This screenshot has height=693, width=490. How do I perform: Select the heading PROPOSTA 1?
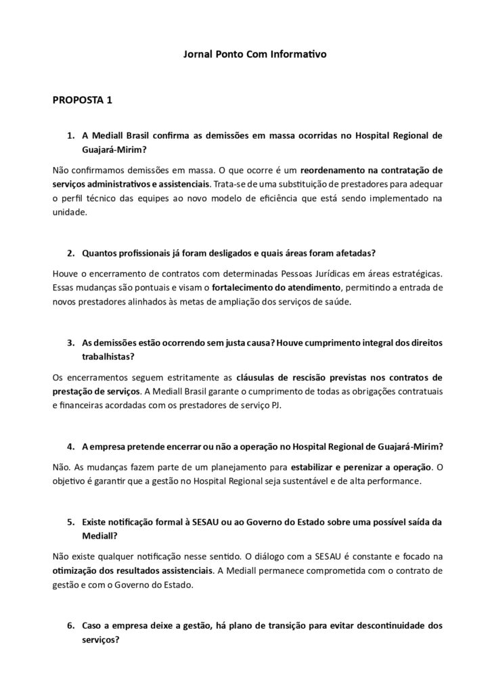82,101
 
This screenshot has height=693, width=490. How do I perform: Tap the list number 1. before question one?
70,135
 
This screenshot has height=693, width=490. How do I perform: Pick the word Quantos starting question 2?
99,253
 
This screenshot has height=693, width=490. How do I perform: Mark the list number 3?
70,343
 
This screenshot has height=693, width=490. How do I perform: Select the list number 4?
70,447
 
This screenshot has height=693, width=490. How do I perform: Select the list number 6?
70,626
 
